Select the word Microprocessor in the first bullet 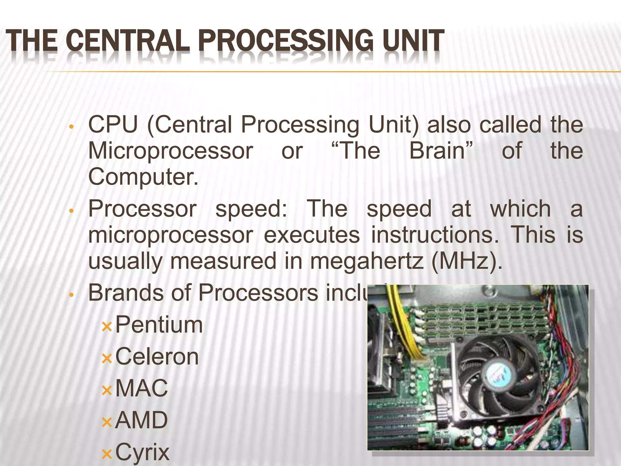[x=170, y=151]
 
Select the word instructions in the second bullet [x=435, y=235]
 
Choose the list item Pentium [x=159, y=325]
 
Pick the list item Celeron [x=157, y=357]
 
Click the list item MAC [x=141, y=388]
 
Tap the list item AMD [x=141, y=420]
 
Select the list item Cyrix [x=142, y=452]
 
